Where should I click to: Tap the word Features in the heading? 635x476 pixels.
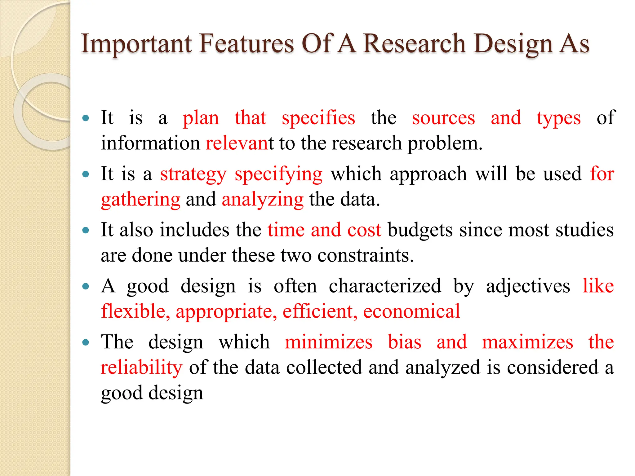(x=246, y=44)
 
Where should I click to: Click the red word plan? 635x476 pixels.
(x=201, y=118)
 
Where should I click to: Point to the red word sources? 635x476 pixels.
(x=443, y=118)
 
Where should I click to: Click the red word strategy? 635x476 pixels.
(x=193, y=174)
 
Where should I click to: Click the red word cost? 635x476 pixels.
(x=364, y=230)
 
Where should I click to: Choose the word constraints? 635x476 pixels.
(x=366, y=256)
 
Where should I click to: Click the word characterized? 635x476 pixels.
(x=385, y=286)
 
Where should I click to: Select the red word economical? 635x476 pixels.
(x=411, y=311)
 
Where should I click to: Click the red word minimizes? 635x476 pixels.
(x=329, y=342)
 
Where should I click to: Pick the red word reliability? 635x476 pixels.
(x=142, y=368)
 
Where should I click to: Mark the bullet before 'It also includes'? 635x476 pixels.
(x=86, y=230)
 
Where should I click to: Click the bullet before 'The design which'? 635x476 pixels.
(x=86, y=342)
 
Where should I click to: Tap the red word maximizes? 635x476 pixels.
(x=527, y=342)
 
